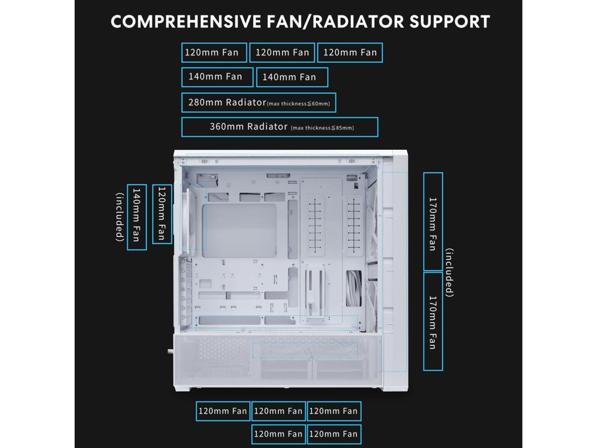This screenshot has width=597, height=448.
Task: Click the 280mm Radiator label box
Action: tap(258, 103)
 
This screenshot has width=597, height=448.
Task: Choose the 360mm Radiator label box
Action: tap(279, 127)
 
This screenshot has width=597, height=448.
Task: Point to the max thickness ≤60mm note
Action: tap(298, 104)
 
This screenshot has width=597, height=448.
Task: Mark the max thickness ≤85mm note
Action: tap(322, 128)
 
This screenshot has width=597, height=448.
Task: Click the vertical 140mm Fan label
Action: tap(137, 217)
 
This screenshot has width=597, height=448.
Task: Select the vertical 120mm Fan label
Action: tap(162, 214)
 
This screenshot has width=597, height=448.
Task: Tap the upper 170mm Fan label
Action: tap(433, 222)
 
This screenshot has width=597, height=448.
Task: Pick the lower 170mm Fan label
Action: tap(433, 322)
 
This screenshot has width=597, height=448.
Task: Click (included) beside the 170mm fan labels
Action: tap(449, 273)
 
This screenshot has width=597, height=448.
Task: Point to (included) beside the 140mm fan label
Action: tap(120, 217)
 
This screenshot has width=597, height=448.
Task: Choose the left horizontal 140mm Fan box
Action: tap(217, 77)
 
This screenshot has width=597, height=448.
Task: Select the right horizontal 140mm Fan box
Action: tap(292, 77)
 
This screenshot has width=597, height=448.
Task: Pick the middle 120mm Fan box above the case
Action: tap(282, 53)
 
